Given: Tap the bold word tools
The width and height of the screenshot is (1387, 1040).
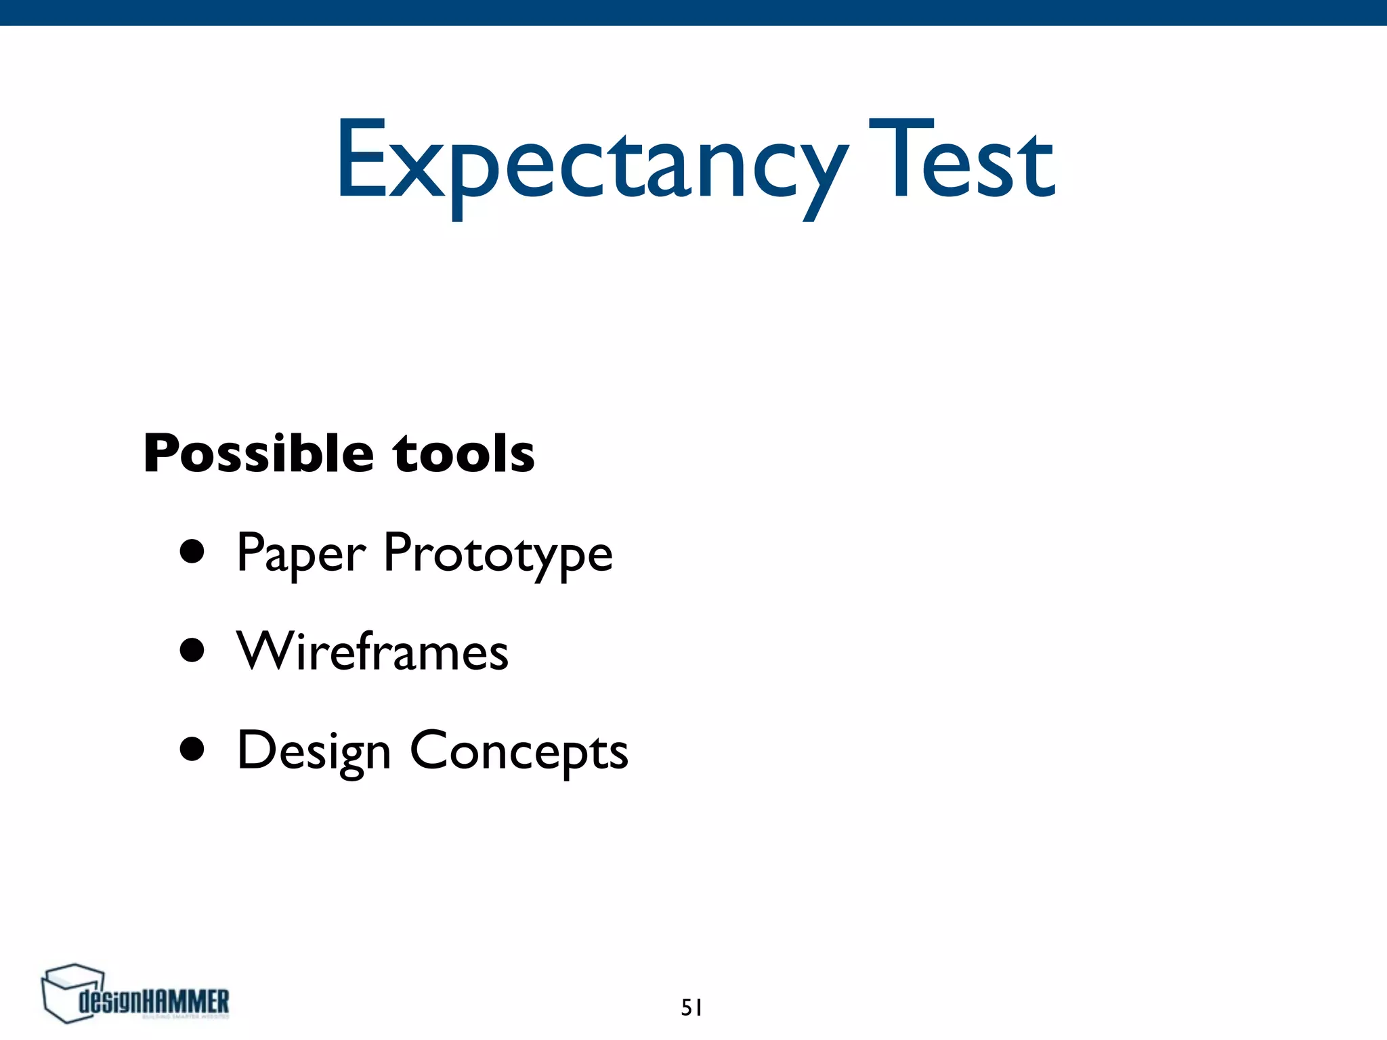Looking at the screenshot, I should pyautogui.click(x=464, y=454).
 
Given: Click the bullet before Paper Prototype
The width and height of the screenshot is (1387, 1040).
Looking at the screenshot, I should pyautogui.click(x=192, y=552).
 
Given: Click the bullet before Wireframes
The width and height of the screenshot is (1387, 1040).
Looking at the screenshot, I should pyautogui.click(x=192, y=651).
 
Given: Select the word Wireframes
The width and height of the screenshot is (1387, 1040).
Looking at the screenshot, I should pyautogui.click(x=372, y=651).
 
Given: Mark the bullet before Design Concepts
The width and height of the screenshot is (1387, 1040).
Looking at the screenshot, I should pyautogui.click(x=192, y=750).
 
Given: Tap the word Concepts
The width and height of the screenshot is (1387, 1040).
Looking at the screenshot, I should pyautogui.click(x=519, y=752).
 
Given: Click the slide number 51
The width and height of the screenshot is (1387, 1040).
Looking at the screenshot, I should pyautogui.click(x=691, y=1008).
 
